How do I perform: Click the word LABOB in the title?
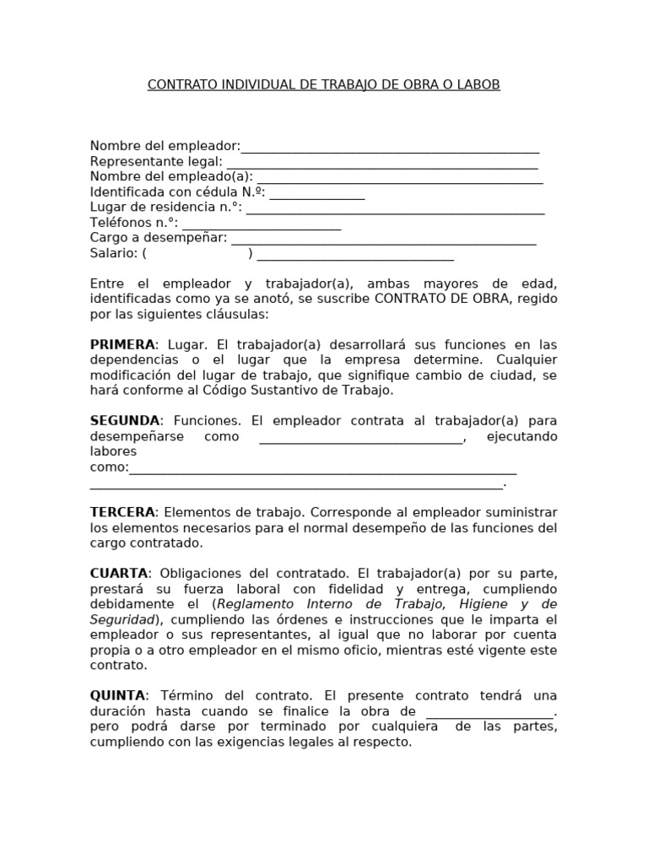480,85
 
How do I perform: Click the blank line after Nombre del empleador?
390,148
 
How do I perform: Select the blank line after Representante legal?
381,164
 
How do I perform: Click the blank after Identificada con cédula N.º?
317,194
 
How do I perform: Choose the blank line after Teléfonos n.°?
262,224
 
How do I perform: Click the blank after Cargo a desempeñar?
384,240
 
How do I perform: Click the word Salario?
113,253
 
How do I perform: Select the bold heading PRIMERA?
122,345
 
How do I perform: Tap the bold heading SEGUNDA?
125,421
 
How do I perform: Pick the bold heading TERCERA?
122,513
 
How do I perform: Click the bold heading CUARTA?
119,574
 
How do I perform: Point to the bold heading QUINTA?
118,696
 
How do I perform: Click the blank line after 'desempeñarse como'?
361,438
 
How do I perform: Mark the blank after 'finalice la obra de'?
490,713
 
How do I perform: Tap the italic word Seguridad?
121,619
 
